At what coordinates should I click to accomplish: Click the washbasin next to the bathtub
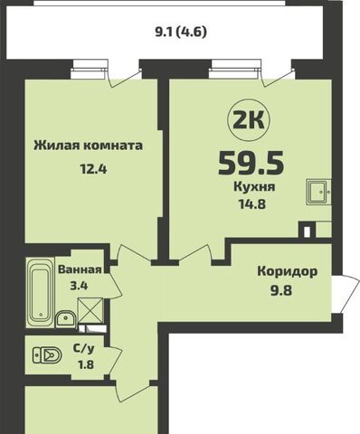coord(66,317)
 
